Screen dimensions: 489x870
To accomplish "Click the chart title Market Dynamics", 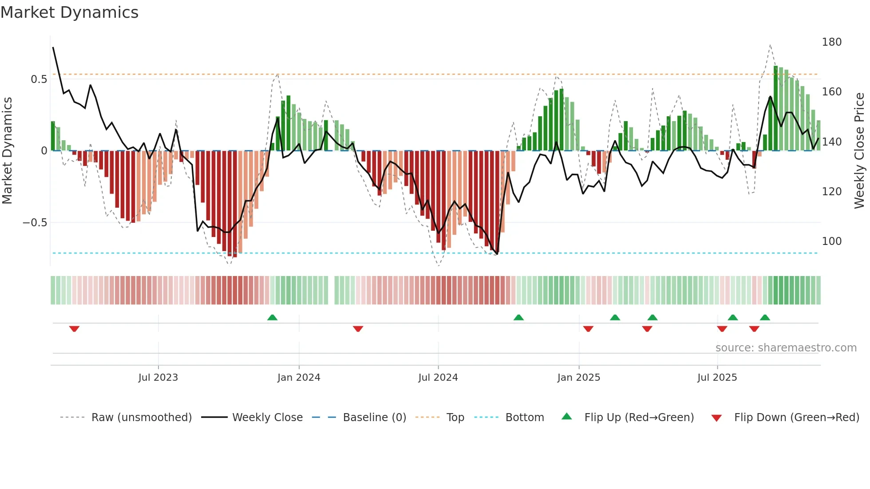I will (70, 12).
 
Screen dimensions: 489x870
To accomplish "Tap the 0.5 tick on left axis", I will (39, 79).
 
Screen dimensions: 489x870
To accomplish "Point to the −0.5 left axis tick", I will (35, 223).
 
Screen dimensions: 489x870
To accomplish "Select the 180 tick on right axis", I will (831, 42).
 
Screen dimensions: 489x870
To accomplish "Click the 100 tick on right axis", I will (831, 241).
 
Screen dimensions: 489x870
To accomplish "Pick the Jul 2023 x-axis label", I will (158, 378).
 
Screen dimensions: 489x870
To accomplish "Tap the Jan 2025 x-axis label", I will (578, 378).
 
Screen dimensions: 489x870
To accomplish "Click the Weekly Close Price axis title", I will (859, 150).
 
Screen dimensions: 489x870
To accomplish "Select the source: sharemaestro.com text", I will (786, 348).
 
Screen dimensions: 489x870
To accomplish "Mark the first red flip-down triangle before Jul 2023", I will (74, 328).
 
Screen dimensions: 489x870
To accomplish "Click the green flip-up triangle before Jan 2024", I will (272, 317).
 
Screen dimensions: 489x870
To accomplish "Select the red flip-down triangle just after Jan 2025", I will (588, 328).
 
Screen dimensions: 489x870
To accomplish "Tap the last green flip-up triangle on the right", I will (764, 317).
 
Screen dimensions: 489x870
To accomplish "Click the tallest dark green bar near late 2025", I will (775, 109).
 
